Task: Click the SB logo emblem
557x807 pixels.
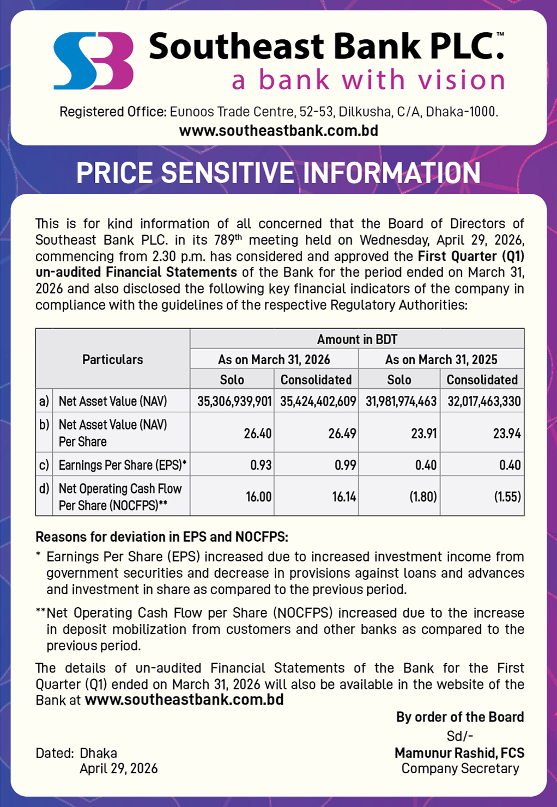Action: tap(93, 60)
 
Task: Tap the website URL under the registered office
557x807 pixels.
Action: tap(278, 131)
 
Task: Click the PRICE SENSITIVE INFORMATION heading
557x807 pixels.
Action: tap(278, 173)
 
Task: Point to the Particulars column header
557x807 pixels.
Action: tap(112, 359)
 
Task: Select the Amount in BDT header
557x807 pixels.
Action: tap(357, 339)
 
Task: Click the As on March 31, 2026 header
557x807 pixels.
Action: tap(274, 359)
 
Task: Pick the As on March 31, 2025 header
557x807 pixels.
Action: tap(441, 359)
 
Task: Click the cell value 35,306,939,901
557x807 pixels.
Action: tap(234, 401)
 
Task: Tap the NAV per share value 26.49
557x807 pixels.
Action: tap(342, 433)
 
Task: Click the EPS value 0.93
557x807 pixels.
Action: tap(261, 465)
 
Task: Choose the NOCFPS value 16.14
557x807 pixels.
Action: tap(344, 497)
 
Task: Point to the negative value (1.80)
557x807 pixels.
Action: tap(423, 497)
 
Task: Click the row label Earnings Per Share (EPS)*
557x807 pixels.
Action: tap(123, 465)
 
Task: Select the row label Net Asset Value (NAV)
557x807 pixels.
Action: tap(113, 401)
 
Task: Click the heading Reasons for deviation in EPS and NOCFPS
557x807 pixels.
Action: tap(161, 537)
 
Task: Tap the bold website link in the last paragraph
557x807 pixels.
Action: tap(184, 700)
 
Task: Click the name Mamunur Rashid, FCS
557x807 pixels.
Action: tap(459, 753)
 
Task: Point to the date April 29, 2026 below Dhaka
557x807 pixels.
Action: tap(118, 768)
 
